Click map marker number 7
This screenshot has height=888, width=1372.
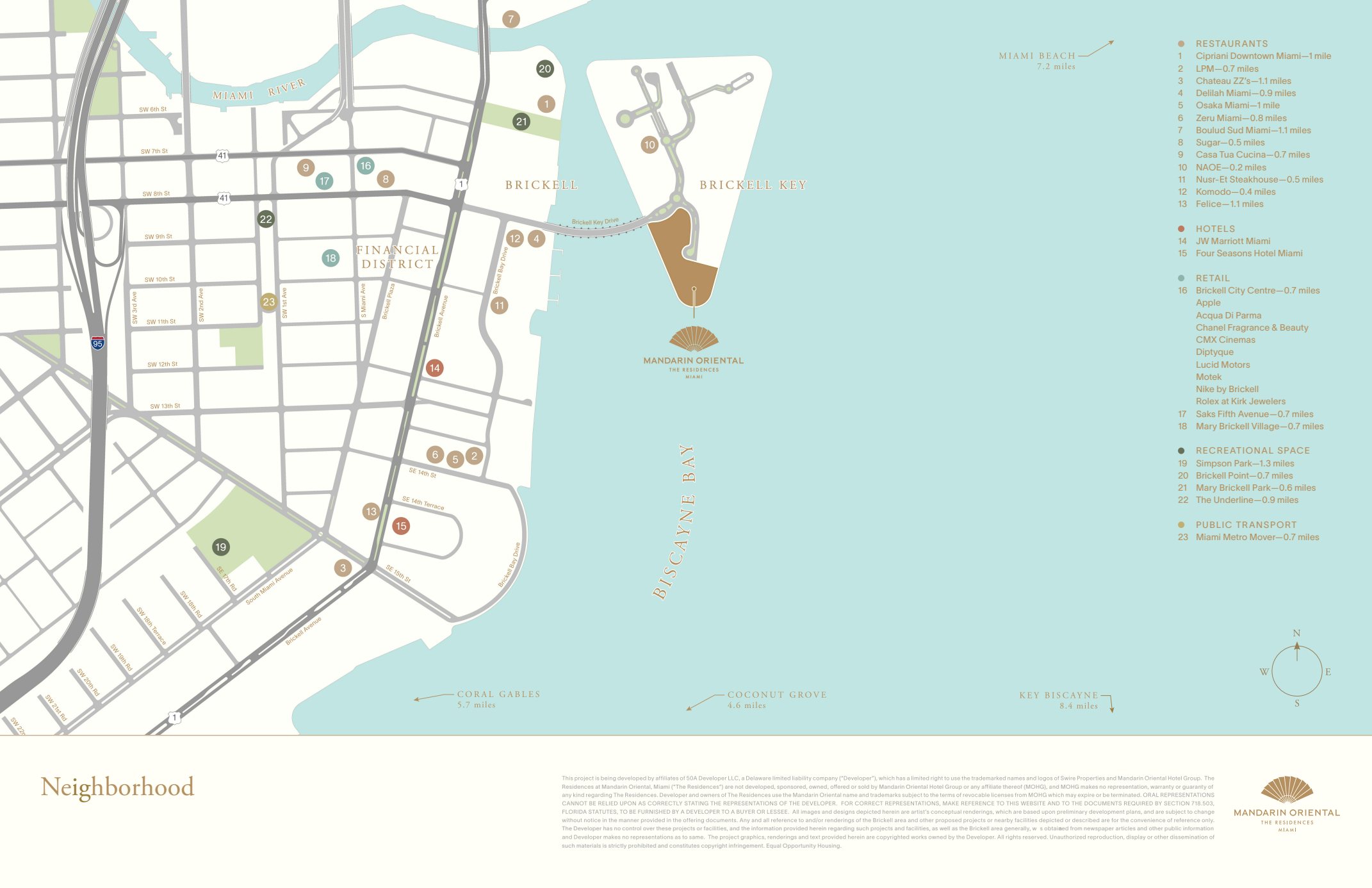coord(510,19)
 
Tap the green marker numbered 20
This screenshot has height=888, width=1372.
coord(544,69)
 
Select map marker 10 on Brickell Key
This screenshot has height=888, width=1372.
coord(649,145)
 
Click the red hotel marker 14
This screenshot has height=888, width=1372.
coord(434,368)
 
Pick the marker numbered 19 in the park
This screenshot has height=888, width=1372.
coord(221,547)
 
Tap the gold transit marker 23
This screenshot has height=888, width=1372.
coord(268,302)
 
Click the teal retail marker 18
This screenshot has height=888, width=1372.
coord(331,258)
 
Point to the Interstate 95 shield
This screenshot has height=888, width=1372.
coord(97,343)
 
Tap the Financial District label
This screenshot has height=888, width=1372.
coord(397,257)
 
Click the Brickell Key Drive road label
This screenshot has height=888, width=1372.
coord(595,222)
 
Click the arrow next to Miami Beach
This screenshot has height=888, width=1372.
coord(1097,49)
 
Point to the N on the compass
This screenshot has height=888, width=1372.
coord(1296,633)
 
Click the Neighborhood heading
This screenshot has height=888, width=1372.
coord(117,787)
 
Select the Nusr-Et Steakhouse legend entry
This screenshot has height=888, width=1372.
coord(1259,179)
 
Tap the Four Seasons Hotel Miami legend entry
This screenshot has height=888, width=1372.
coord(1248,253)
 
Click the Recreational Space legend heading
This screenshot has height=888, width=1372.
coord(1252,450)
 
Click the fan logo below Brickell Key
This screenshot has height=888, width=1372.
coord(694,339)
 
